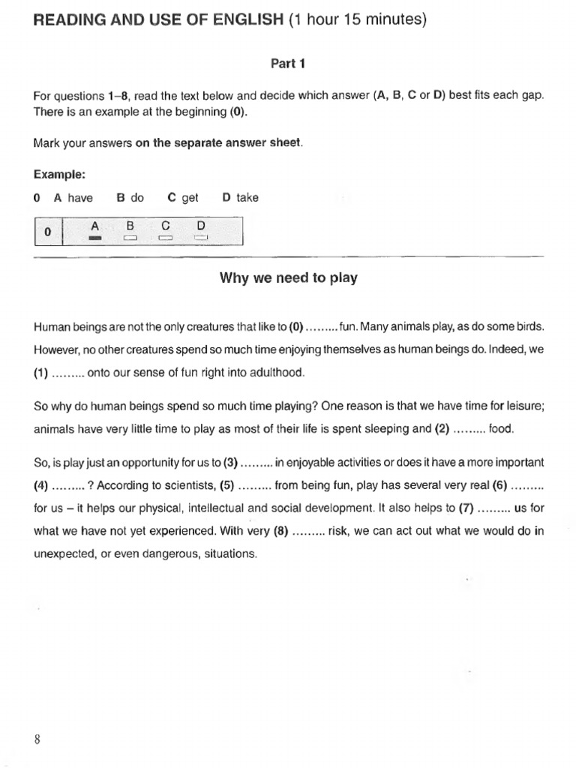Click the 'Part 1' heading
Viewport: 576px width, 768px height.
[287, 64]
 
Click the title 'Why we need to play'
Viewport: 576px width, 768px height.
[288, 278]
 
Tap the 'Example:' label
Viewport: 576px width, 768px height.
[59, 174]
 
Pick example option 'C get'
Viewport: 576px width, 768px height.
[183, 198]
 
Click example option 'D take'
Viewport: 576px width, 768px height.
[240, 198]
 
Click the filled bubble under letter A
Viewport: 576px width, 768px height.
[94, 238]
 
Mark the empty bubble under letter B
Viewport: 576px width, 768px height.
[130, 238]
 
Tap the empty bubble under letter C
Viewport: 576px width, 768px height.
[165, 238]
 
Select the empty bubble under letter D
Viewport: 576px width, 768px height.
[199, 238]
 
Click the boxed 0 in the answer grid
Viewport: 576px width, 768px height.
[47, 232]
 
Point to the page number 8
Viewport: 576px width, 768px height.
[37, 739]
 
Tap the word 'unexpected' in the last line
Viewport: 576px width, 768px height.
[63, 554]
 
